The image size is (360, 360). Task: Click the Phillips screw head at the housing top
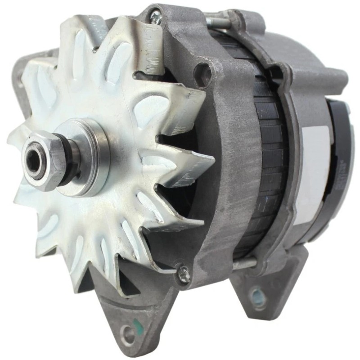click(x=156, y=18)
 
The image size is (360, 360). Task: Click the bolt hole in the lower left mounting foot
click(x=129, y=334)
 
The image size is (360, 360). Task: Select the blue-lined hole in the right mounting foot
click(x=258, y=297)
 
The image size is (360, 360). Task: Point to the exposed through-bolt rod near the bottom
click(x=245, y=264)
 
